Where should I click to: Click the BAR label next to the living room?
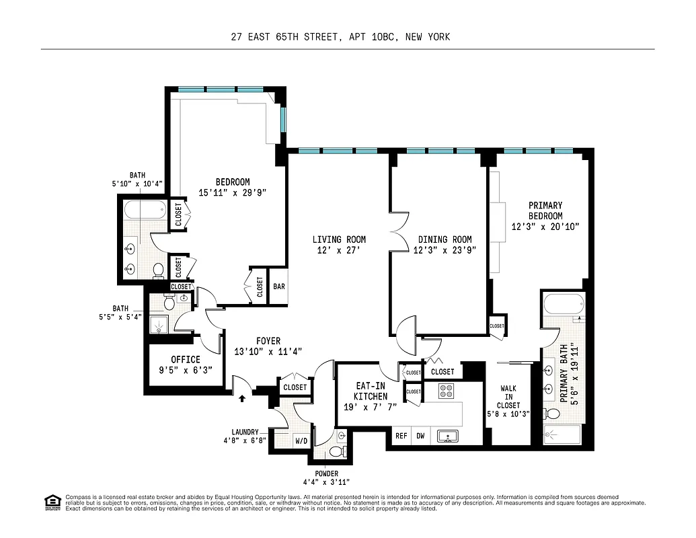(279, 286)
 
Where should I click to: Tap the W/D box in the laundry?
(301, 442)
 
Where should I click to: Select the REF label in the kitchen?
(401, 436)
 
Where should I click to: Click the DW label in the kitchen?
(420, 436)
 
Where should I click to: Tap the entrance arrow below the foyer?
(242, 398)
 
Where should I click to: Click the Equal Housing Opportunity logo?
(51, 501)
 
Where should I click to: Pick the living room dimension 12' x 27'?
(339, 250)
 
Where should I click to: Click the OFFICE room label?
(185, 360)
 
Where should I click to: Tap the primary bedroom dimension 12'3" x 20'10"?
(545, 227)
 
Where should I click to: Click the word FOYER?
(268, 341)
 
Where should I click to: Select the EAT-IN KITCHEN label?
(371, 391)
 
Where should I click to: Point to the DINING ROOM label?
(444, 239)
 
